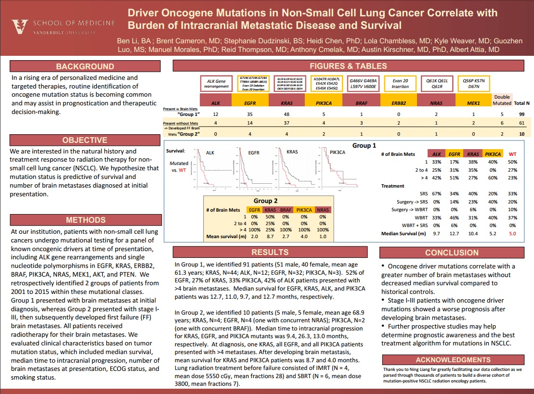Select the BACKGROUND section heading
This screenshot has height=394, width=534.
85,66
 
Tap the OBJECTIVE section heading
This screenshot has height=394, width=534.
85,140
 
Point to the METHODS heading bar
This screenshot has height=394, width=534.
85,220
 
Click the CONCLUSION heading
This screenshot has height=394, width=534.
452,253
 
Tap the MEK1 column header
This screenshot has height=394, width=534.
471,102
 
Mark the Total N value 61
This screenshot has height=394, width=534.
521,124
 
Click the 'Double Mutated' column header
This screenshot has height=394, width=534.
502,100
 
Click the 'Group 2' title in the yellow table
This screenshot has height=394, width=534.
266,201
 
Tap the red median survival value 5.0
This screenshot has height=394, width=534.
512,234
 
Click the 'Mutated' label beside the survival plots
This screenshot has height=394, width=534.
179,163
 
